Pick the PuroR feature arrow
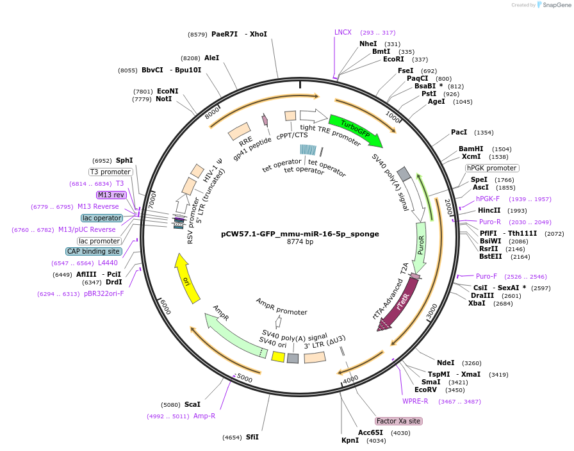420,246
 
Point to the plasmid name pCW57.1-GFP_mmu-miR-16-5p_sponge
300,234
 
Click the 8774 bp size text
300,242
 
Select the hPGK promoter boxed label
491,168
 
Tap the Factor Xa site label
398,421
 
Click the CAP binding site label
94,251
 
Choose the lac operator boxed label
102,218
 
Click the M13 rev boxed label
111,195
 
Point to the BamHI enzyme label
471,149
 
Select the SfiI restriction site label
252,437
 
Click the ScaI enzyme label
192,404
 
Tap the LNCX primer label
343,32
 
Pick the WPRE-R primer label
415,401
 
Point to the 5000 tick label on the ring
245,379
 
